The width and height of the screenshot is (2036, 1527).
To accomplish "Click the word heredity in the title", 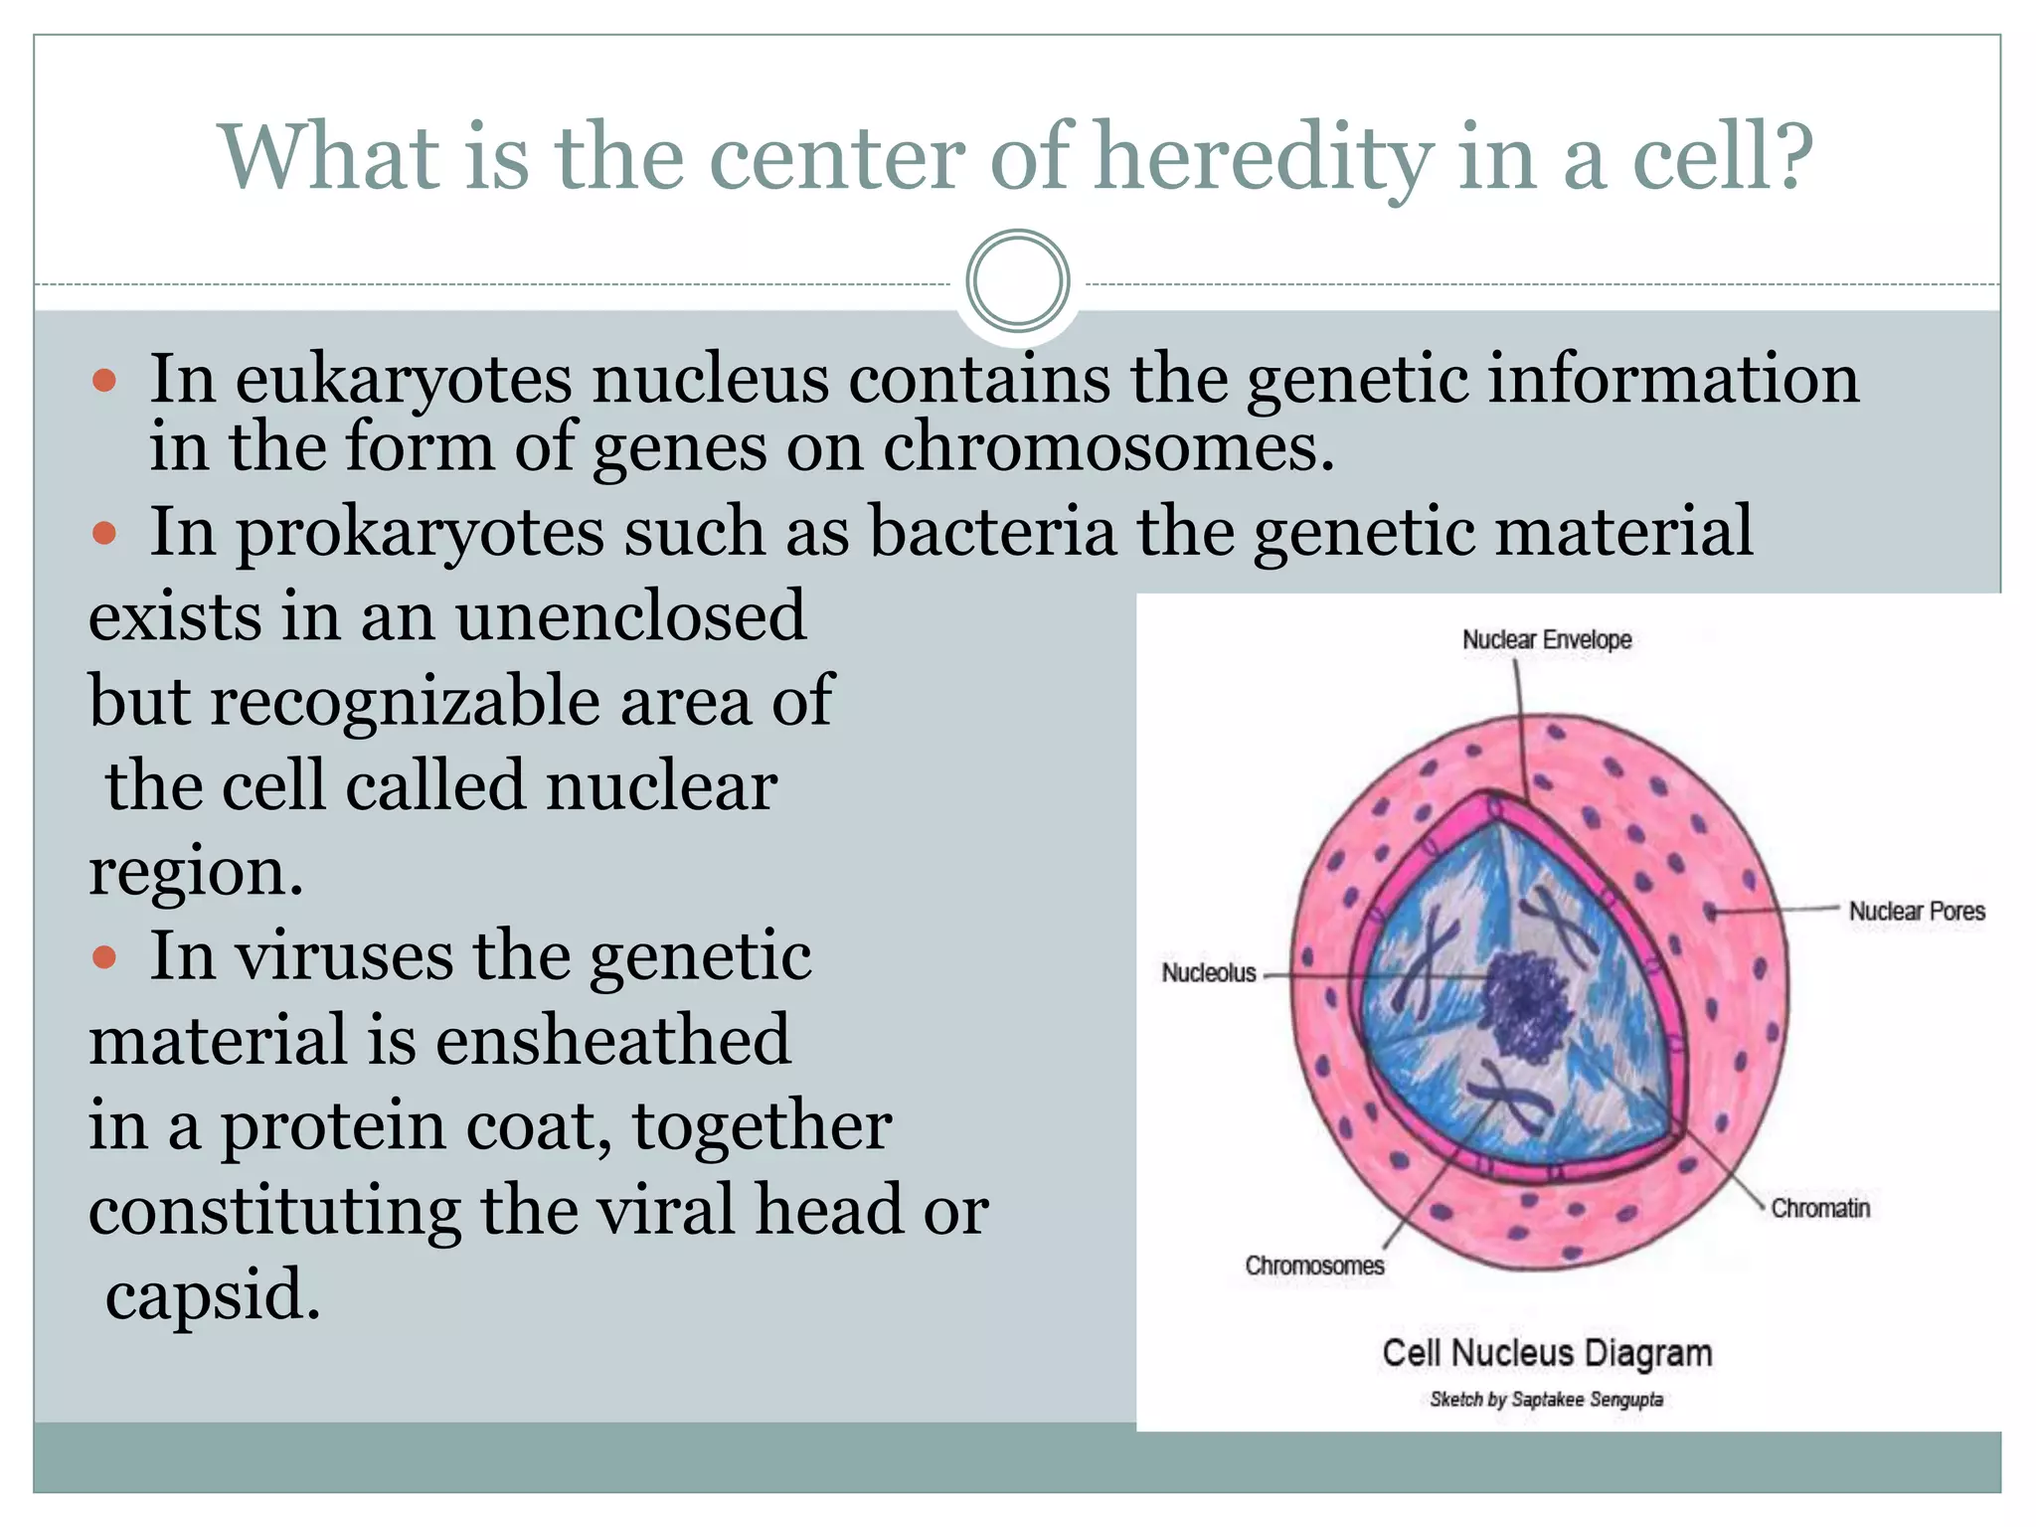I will [1263, 159].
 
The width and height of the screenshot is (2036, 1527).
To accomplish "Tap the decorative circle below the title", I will [1017, 281].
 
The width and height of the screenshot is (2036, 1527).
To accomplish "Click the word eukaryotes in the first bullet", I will [404, 381].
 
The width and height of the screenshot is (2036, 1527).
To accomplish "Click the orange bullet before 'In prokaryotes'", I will [104, 534].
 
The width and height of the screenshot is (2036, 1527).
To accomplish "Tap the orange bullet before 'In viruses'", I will [104, 958].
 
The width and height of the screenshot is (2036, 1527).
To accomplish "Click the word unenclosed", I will [630, 616].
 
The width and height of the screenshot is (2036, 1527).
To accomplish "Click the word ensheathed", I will [612, 1041].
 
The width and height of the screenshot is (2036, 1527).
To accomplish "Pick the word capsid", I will [213, 1296].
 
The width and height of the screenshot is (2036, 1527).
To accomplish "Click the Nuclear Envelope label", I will [1546, 640].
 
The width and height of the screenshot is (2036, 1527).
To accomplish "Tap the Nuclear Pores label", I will [1916, 912].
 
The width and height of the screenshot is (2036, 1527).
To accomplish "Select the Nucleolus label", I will [1209, 973].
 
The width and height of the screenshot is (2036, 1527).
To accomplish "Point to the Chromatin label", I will [1819, 1209].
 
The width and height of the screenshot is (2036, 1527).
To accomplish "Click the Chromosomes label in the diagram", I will [1313, 1266].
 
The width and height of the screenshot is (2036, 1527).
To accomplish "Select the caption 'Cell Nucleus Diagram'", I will [1547, 1354].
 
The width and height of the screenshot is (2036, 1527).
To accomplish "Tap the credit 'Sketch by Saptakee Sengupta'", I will [1546, 1400].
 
